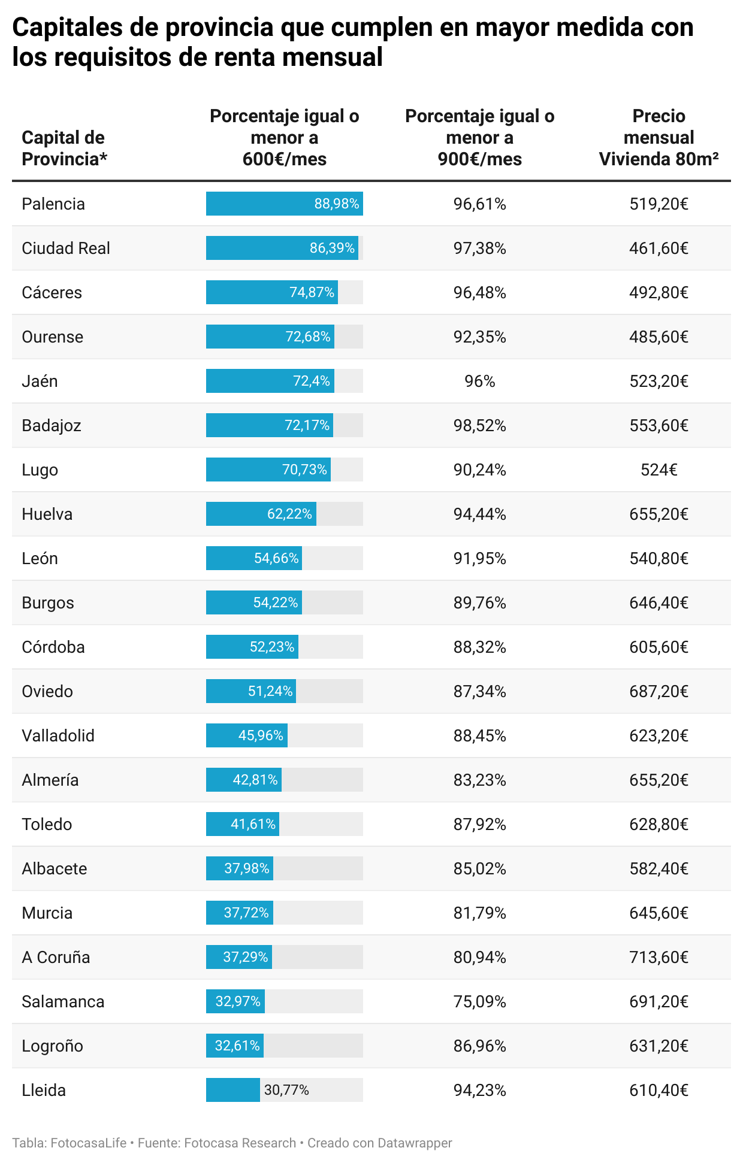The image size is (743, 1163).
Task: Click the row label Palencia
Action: [53, 204]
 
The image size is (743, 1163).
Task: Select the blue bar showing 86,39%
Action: [282, 248]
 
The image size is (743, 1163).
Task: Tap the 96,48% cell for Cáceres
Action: [479, 292]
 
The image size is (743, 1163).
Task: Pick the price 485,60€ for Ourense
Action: [659, 337]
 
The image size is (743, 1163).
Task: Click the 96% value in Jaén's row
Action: [479, 381]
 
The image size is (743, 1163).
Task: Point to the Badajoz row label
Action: [52, 425]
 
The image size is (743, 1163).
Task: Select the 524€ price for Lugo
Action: [659, 470]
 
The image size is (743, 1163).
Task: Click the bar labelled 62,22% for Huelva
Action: [261, 514]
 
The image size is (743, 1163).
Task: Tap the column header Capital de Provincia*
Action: [64, 148]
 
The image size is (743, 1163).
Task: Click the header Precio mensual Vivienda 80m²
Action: [659, 137]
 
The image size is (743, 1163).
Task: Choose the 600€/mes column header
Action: [284, 137]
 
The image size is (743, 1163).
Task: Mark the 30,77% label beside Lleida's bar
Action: [286, 1090]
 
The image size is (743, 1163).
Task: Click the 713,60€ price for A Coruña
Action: [659, 957]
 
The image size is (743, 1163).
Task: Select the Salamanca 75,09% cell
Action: [479, 1001]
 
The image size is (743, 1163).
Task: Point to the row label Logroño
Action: [52, 1046]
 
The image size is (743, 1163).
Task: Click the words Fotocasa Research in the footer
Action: [240, 1143]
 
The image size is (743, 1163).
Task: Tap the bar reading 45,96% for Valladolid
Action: [247, 735]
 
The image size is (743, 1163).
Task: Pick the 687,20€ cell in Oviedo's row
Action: [659, 691]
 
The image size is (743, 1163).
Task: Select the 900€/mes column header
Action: [479, 137]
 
